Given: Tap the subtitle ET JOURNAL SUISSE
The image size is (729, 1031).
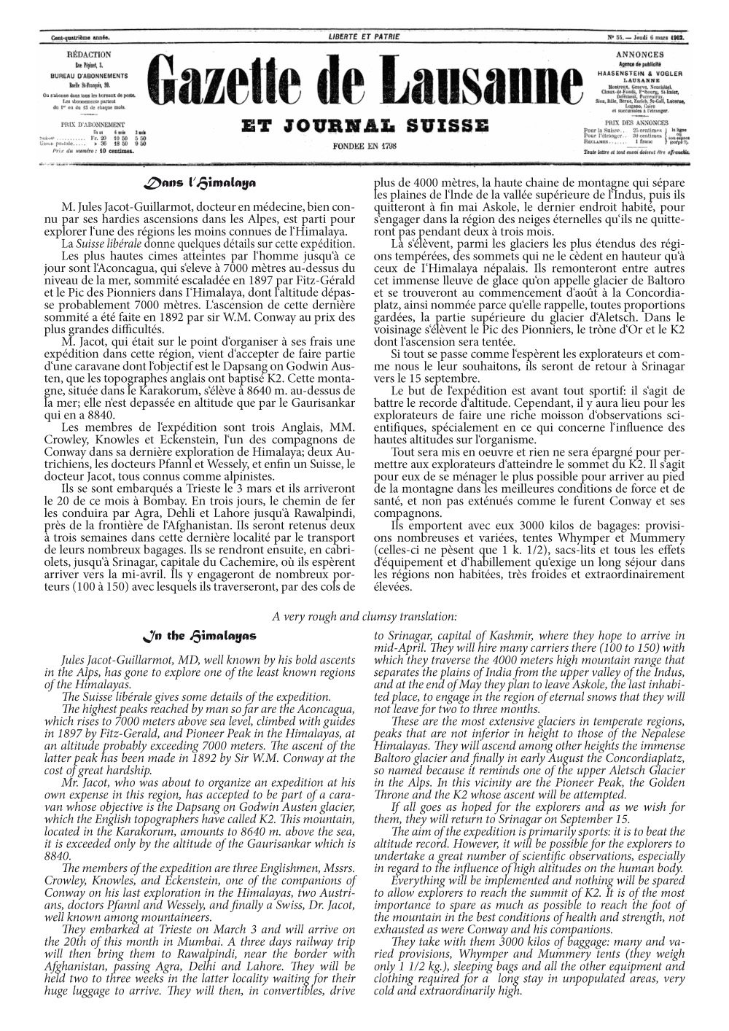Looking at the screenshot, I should pos(364,126).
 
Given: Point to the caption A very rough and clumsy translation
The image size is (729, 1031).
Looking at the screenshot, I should pos(364,617).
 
